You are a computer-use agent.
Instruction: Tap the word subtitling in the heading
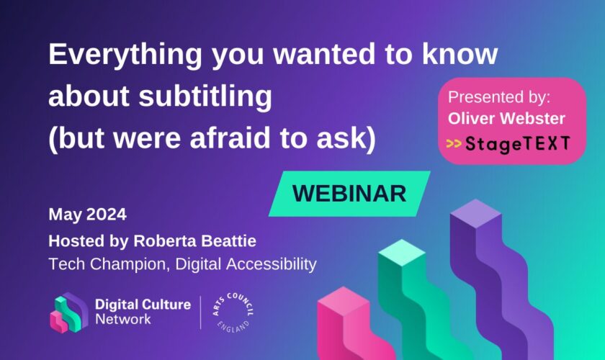point(205,96)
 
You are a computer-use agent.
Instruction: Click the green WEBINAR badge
point(349,193)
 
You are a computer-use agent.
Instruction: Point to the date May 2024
point(88,214)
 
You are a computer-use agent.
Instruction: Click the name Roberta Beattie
point(195,241)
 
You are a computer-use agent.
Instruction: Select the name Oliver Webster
point(506,119)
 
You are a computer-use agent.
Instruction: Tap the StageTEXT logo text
point(517,143)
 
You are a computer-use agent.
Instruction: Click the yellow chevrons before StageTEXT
point(454,144)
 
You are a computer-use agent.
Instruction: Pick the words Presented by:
point(499,97)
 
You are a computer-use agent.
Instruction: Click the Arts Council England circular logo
point(233,312)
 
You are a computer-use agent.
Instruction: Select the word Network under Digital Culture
point(123,320)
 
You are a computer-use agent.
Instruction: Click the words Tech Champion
point(109,265)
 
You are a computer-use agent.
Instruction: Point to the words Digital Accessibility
point(246,265)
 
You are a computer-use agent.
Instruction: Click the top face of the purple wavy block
point(475,213)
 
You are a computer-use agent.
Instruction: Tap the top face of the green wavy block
point(402,253)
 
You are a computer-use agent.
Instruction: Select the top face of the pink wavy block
point(343,301)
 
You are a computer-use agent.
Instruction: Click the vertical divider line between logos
point(201,312)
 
